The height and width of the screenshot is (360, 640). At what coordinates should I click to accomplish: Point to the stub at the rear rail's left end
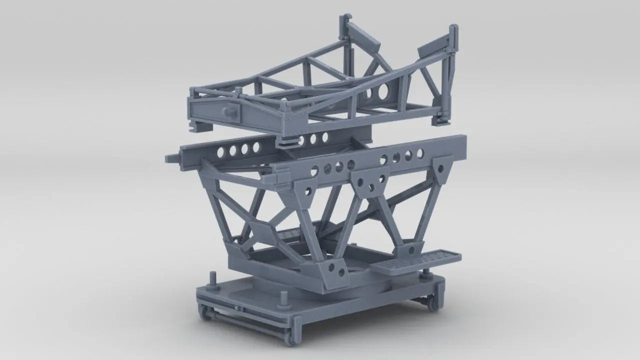(x=171, y=158)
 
